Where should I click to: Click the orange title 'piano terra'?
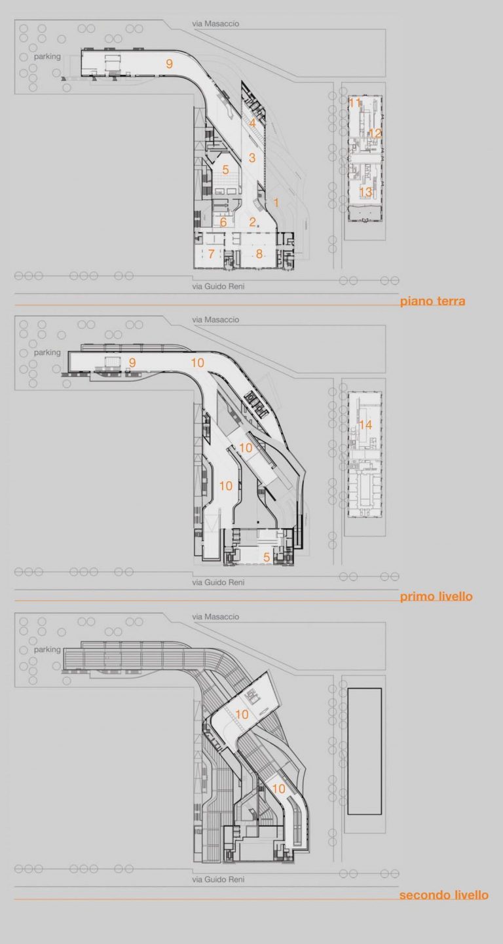433,301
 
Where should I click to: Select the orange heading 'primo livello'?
436,596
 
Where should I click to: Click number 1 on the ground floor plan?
276,202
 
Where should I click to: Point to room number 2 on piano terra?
252,221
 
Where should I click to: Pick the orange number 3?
252,158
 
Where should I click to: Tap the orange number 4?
252,123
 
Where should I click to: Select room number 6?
223,221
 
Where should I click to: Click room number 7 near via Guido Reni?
211,254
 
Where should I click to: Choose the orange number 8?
259,254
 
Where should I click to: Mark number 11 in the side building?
355,102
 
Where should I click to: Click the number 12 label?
375,133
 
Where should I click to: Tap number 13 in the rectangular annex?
365,192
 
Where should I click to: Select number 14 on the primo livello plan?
365,425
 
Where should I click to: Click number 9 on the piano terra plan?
169,64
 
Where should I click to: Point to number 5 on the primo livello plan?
267,557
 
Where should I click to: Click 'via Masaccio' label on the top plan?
215,24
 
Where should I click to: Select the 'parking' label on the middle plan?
47,352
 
